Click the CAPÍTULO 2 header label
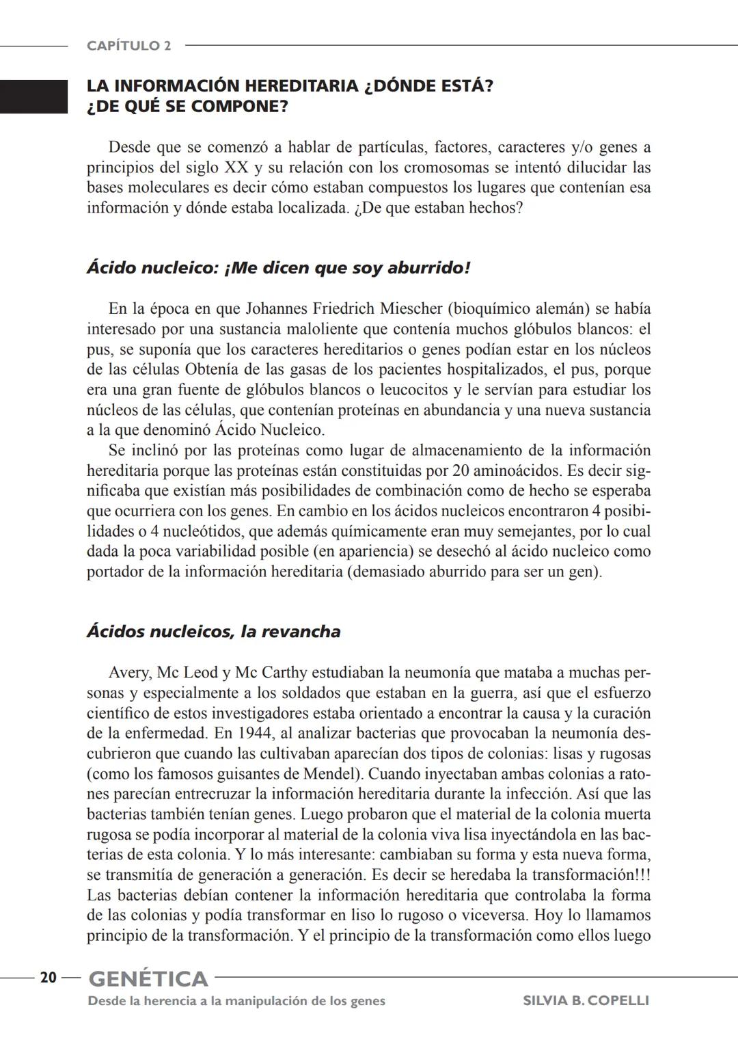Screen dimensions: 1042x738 coord(128,46)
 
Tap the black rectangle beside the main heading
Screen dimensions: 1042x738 coord(33,96)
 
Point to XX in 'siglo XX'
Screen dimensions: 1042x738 coord(236,168)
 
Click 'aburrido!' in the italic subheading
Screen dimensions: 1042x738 coord(428,268)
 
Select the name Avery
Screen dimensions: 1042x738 coord(128,673)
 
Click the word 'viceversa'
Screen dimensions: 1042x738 coord(495,915)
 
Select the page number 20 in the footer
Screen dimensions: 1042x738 coord(48,978)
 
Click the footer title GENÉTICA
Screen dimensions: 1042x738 coord(148,978)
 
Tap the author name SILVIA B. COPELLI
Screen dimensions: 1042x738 coord(586,1001)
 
